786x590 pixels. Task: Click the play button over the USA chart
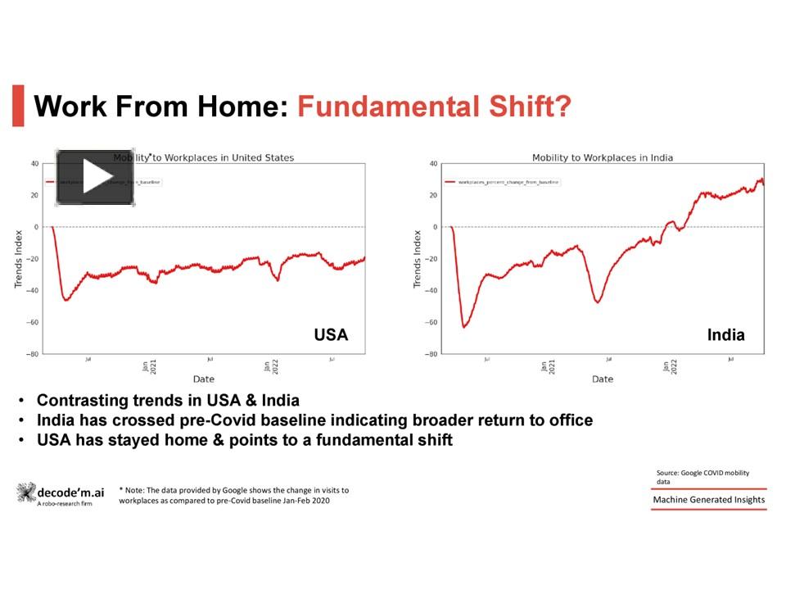tap(96, 177)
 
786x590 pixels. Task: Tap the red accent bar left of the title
tap(18, 106)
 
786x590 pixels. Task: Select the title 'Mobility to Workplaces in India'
tap(603, 157)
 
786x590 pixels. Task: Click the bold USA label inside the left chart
tap(331, 334)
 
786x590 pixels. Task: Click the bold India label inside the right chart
tap(725, 334)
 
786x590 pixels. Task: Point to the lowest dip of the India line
tap(464, 327)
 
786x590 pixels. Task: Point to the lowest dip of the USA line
tap(65, 300)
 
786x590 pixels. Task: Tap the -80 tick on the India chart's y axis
tap(431, 354)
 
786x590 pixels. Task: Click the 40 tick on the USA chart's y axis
tap(34, 163)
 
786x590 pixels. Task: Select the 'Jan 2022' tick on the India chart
tap(671, 366)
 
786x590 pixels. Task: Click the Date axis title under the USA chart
tap(204, 379)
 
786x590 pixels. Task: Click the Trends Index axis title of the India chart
tap(417, 258)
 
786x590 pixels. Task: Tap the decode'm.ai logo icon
tap(26, 492)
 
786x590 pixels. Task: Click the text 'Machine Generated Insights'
tap(709, 500)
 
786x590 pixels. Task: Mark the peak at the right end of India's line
tap(761, 179)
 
